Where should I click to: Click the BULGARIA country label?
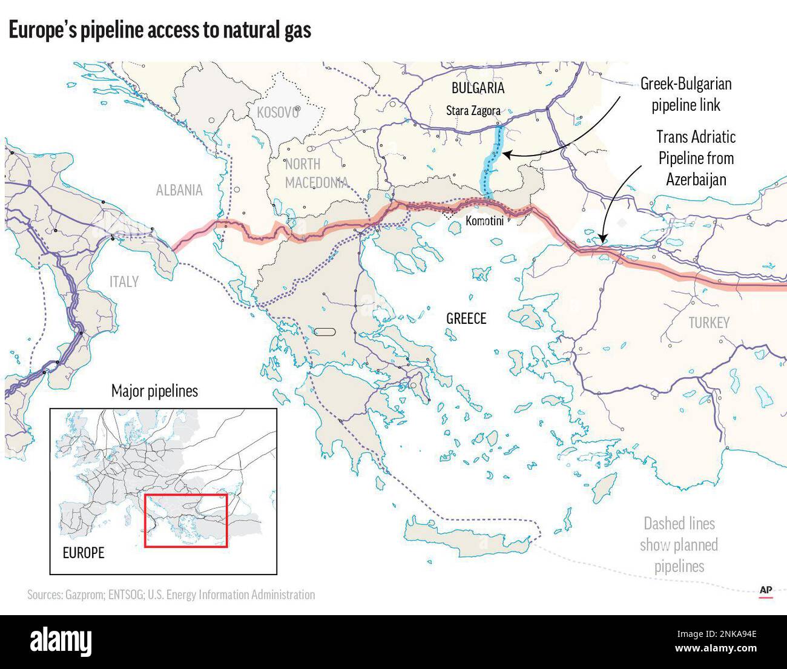tap(478, 88)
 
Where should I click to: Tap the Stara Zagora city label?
tap(473, 111)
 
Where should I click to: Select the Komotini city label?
tap(484, 221)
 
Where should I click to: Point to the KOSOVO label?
tap(278, 113)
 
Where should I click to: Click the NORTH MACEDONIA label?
tap(315, 173)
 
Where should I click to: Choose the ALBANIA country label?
tap(179, 190)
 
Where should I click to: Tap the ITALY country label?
tap(124, 282)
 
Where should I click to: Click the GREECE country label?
tap(466, 318)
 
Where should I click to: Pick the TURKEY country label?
tap(709, 323)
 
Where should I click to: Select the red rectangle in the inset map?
tap(185, 521)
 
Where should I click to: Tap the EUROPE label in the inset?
tap(84, 553)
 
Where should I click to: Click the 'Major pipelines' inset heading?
tap(154, 391)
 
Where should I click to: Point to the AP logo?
tap(766, 591)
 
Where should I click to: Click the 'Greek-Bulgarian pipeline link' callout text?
tap(686, 94)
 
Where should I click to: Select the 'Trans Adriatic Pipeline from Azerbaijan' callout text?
tap(696, 158)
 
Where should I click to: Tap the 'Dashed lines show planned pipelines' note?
tap(679, 545)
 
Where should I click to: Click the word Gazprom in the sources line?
tap(85, 595)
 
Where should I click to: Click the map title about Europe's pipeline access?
tap(160, 30)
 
